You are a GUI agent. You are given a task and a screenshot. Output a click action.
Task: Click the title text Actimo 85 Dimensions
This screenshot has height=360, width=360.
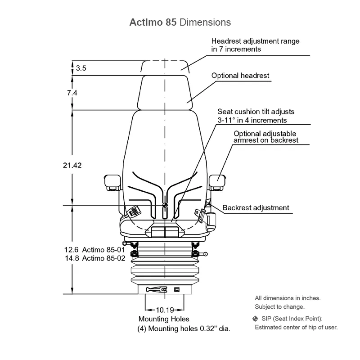coord(180,22)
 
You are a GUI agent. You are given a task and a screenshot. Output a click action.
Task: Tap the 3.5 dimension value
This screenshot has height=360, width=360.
coord(81,68)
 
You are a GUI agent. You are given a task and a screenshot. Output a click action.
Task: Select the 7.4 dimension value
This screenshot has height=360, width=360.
coord(72,93)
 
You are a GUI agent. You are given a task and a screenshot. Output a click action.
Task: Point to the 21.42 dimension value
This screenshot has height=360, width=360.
coord(72,166)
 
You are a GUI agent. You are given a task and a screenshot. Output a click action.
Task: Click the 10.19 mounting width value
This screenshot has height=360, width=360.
coord(165,310)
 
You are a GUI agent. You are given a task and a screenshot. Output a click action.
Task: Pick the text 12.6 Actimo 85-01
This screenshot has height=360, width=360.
coord(95,250)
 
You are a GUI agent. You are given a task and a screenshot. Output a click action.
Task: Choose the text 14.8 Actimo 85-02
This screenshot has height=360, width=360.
coord(95,258)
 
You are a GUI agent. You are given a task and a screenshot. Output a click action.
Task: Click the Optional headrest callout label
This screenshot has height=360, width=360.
coord(240,76)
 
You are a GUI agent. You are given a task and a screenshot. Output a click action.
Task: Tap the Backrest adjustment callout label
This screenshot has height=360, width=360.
coord(256,208)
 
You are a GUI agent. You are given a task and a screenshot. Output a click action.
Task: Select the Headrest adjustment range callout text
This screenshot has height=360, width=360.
coord(255,45)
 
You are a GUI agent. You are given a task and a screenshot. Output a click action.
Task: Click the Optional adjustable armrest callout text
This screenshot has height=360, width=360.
coord(265,137)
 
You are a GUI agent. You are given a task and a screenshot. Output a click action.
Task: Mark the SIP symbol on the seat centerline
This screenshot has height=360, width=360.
coord(165,205)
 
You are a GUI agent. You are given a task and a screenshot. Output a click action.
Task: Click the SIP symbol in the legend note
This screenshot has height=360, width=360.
coord(255,319)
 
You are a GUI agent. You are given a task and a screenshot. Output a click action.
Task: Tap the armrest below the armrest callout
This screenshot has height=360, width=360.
coord(216,180)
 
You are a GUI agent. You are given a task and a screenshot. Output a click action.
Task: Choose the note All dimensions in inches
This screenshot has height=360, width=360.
coord(288,298)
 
